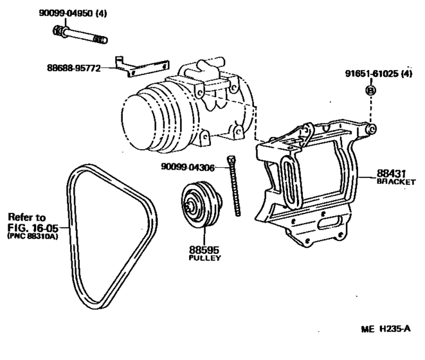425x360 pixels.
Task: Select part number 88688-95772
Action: [74, 67]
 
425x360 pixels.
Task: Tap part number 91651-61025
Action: [372, 73]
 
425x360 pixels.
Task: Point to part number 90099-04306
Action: [188, 167]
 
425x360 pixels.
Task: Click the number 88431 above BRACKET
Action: [391, 174]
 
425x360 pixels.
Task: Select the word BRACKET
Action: [396, 182]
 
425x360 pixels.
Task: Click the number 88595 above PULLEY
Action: [204, 250]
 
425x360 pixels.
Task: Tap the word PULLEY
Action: [204, 258]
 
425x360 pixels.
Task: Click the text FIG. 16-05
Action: [33, 227]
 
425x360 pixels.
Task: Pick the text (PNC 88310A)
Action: [33, 236]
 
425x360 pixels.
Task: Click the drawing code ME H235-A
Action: [386, 329]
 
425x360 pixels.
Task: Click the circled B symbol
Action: [371, 90]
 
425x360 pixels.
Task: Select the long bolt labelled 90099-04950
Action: [80, 35]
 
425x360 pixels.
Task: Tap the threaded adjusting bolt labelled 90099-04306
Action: [234, 186]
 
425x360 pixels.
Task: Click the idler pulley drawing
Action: [202, 205]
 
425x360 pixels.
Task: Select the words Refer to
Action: [27, 217]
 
